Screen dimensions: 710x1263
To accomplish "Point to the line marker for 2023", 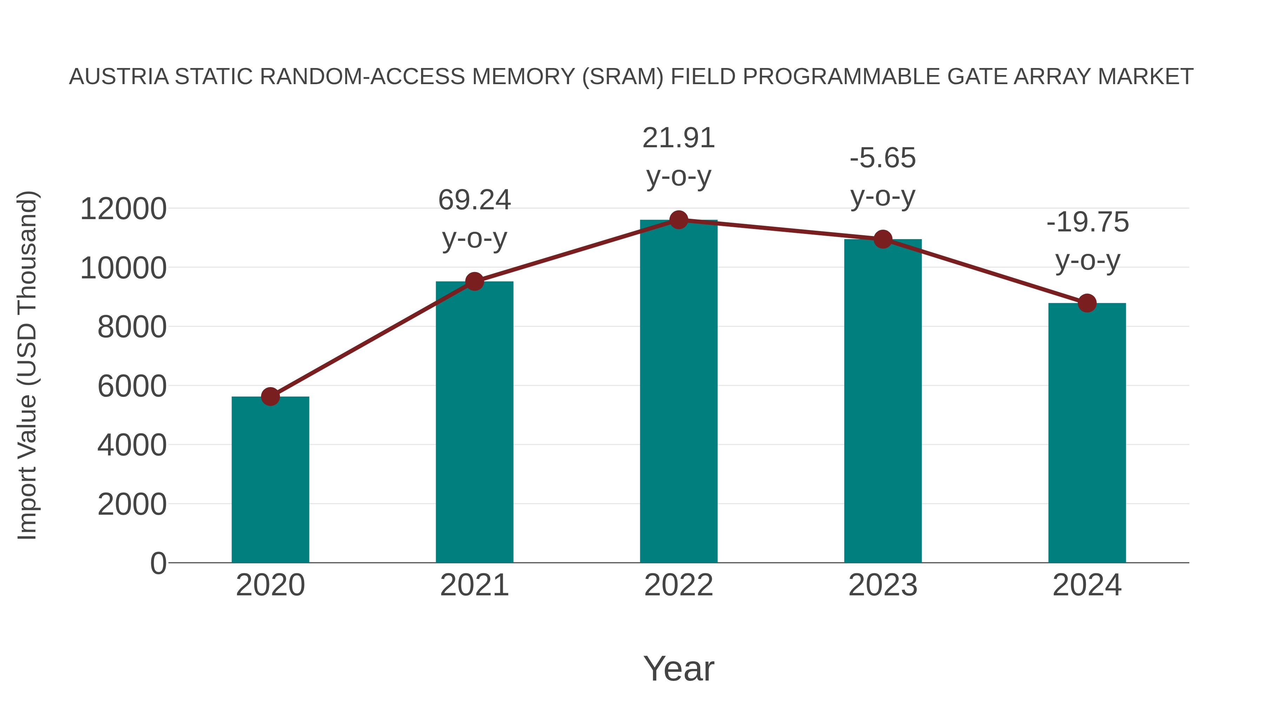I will click(883, 239).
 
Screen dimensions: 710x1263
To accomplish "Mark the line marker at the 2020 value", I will click(270, 397).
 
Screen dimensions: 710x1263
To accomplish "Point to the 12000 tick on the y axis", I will click(123, 209).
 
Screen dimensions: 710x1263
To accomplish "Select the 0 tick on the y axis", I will click(158, 563).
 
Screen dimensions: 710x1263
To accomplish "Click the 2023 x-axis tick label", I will click(883, 585).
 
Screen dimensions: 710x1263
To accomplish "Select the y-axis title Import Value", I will click(27, 365).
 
